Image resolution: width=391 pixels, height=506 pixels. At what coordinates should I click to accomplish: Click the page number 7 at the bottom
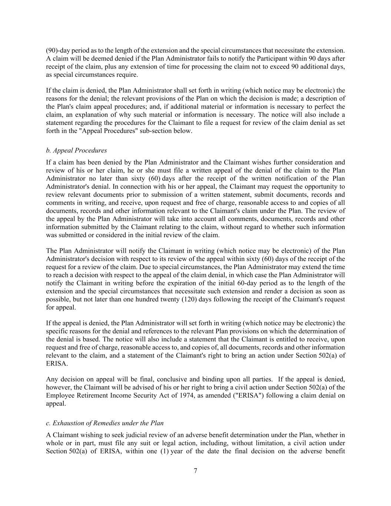point(195,471)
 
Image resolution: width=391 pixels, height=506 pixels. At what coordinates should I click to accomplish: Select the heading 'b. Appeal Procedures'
point(76,150)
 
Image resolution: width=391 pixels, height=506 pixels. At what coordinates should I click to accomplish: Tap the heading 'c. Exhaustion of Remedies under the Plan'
point(105,423)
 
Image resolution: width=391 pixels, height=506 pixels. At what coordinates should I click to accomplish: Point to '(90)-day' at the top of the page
point(57,50)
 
